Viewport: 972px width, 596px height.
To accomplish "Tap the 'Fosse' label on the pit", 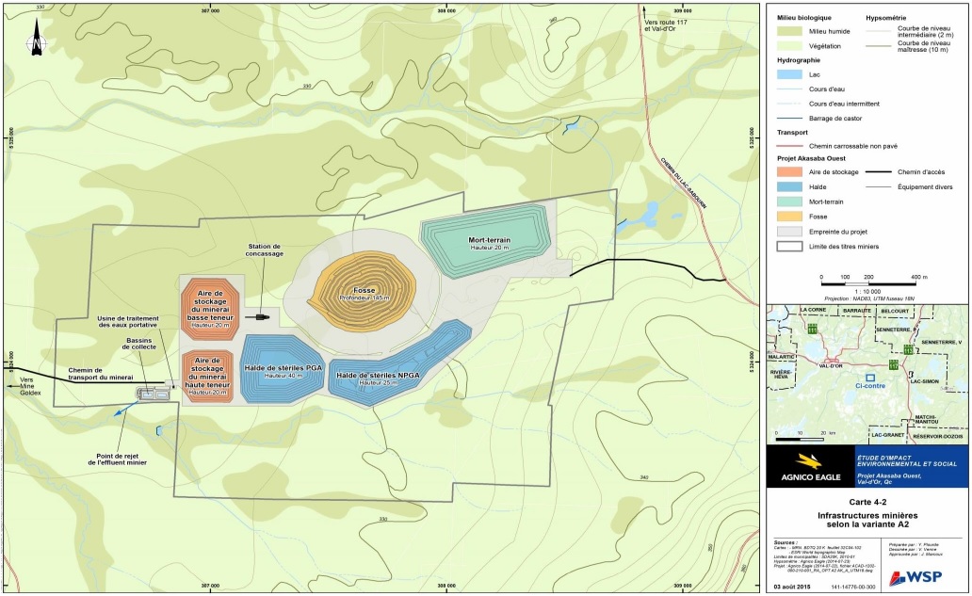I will click(x=358, y=291).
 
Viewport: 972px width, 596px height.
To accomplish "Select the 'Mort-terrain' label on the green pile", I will click(x=489, y=240).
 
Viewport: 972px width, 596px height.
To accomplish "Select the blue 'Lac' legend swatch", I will click(x=789, y=73).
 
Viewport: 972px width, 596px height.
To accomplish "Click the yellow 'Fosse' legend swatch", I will click(x=789, y=215).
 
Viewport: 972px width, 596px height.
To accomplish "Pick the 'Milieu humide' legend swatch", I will click(x=789, y=31).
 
